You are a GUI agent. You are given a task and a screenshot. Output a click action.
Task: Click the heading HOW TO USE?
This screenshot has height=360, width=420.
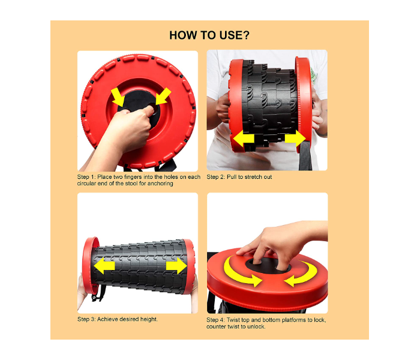[x=209, y=35]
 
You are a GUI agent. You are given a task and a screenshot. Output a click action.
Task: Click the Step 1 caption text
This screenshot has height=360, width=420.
[x=139, y=180]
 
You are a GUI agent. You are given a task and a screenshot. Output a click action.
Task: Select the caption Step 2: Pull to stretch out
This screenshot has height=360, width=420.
[x=239, y=177]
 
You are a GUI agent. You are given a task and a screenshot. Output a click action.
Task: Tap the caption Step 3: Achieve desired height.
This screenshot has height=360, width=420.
[x=118, y=319]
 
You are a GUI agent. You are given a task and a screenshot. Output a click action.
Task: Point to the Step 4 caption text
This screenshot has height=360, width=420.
[x=266, y=323]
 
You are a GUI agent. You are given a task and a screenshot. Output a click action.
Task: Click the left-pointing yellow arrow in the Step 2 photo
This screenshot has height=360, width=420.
[x=244, y=139]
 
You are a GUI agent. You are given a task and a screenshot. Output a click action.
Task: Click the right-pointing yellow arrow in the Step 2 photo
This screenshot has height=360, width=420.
[x=295, y=139]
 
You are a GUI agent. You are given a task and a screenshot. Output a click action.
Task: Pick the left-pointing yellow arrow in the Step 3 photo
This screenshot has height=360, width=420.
[x=104, y=266]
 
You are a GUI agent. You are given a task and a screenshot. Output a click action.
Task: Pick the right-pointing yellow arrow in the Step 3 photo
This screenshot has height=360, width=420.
[x=176, y=266]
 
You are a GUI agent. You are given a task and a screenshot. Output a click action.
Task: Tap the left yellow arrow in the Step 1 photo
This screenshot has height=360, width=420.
[x=118, y=97]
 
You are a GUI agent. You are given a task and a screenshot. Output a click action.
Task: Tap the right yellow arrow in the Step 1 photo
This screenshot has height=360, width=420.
[x=163, y=96]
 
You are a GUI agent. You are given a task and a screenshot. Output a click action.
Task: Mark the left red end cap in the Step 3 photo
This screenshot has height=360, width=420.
[x=90, y=265]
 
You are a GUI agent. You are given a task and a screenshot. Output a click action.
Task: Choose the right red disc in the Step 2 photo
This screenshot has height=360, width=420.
[x=304, y=104]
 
